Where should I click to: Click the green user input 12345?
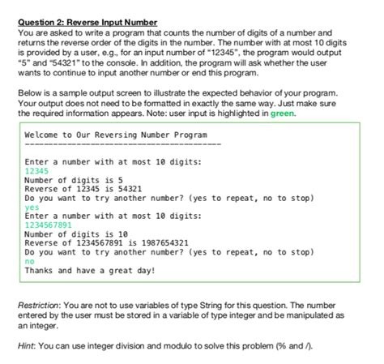point(37,172)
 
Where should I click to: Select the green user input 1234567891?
point(49,225)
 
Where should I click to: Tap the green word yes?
point(32,207)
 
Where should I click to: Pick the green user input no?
point(30,259)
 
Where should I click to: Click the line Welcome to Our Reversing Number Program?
point(116,135)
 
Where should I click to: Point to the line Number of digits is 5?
point(74,181)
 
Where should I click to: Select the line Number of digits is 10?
point(76,233)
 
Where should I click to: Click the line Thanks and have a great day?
point(89,269)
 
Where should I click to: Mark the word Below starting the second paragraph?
point(29,94)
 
